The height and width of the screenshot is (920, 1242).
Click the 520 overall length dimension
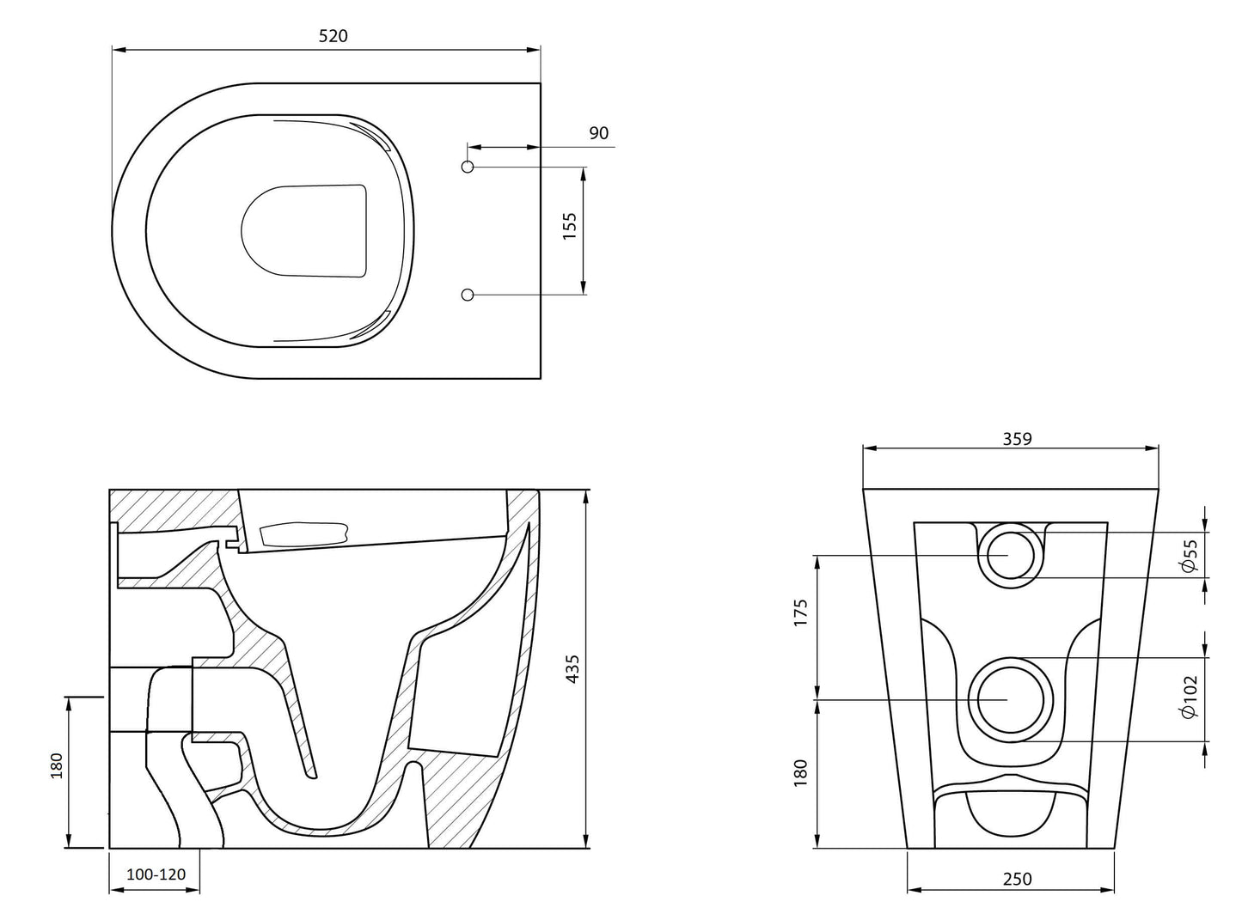333,35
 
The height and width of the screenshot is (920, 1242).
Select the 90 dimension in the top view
599,133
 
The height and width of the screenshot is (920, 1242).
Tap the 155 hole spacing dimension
569,225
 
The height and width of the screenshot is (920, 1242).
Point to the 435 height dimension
572,668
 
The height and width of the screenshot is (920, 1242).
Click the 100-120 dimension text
156,874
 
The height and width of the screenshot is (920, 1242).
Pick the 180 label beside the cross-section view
57,765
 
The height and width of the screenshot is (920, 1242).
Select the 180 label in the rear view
801,771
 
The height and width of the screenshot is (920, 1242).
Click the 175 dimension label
801,614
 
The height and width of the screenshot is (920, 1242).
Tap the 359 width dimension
1017,438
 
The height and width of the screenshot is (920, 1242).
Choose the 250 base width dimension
1017,879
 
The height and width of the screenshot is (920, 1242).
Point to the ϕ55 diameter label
1190,556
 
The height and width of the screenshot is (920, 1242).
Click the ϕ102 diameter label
1190,697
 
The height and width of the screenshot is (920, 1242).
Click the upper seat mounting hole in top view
468,166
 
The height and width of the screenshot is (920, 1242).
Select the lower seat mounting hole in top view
468,295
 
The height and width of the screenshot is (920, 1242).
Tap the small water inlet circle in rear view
1010,555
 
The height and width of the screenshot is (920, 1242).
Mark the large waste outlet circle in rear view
1011,700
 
